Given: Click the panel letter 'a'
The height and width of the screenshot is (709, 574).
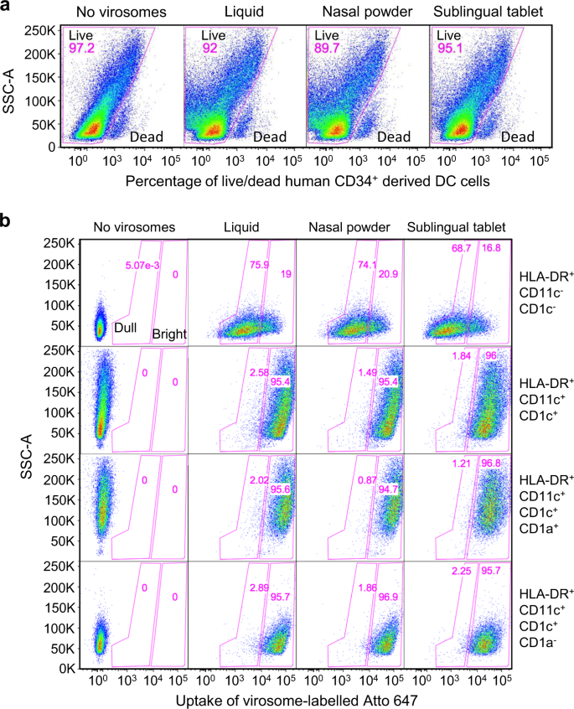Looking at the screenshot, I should (x=8, y=9).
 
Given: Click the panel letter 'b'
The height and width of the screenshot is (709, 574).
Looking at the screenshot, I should (x=8, y=221).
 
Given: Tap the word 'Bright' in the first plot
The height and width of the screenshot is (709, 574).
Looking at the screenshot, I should (x=168, y=334).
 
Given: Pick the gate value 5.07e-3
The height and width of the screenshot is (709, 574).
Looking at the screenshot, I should (x=139, y=267).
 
